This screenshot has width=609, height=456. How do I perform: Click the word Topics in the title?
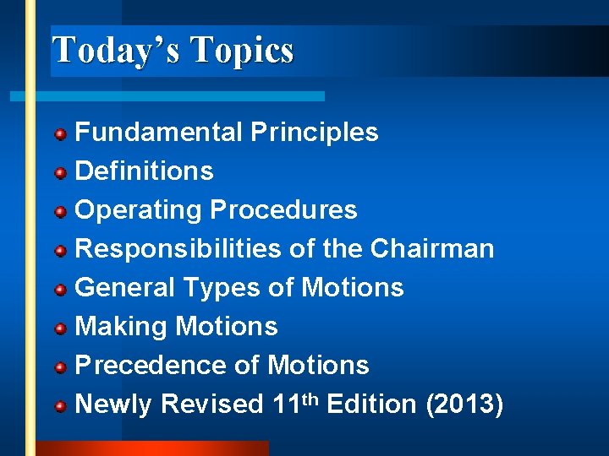point(243,51)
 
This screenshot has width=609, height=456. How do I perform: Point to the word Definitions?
point(145,171)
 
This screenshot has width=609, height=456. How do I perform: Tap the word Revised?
point(212,404)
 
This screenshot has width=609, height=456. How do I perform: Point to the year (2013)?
point(464,404)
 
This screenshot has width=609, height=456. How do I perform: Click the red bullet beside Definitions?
point(61,173)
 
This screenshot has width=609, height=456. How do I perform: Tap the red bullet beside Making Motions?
point(61,328)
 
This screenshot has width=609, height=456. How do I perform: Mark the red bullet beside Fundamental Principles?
point(61,134)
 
